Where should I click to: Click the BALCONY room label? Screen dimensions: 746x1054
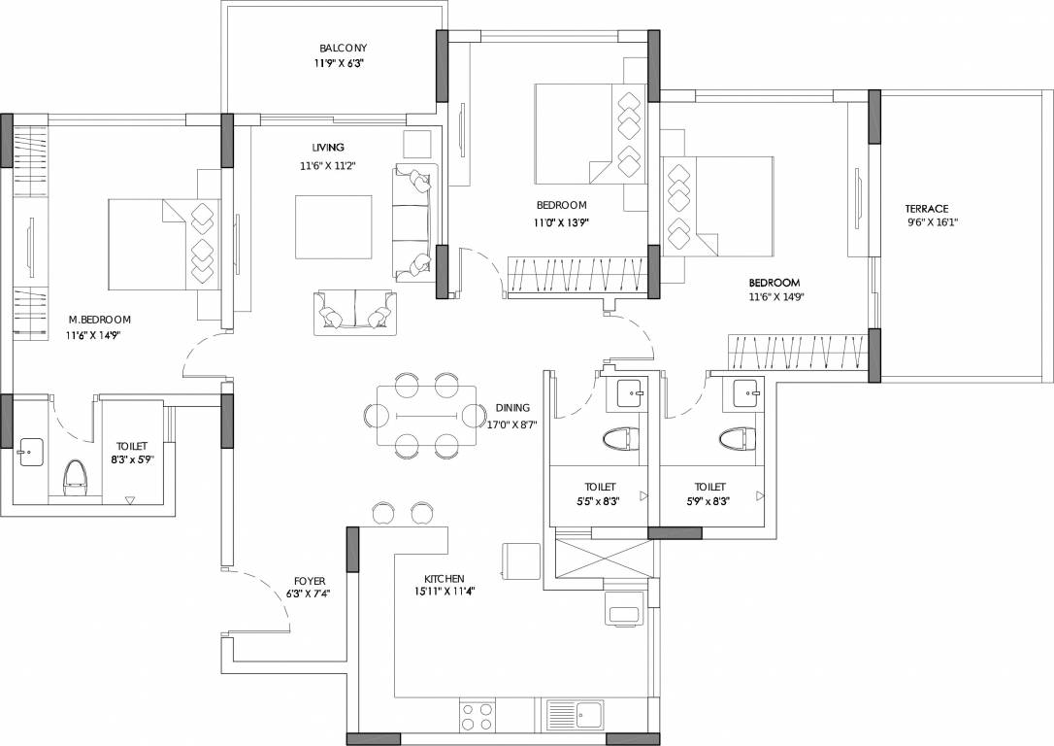[344, 48]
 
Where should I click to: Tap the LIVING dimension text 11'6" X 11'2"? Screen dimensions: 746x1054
[328, 165]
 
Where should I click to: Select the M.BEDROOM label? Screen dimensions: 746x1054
[99, 320]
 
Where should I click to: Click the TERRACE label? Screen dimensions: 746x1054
[926, 208]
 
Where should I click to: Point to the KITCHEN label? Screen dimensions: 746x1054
[444, 578]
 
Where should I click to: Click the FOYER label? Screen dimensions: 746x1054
[310, 581]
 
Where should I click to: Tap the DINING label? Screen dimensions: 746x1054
[511, 408]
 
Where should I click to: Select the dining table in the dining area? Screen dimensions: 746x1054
[427, 416]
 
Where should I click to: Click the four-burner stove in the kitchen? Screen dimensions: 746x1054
[476, 716]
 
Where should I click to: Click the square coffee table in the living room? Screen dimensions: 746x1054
[334, 227]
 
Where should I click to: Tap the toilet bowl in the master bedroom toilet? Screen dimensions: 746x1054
[75, 477]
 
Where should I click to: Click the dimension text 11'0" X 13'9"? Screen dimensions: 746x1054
[562, 222]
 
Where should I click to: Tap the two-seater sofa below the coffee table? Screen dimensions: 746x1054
[355, 313]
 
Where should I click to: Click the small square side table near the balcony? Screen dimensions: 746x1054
[418, 144]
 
